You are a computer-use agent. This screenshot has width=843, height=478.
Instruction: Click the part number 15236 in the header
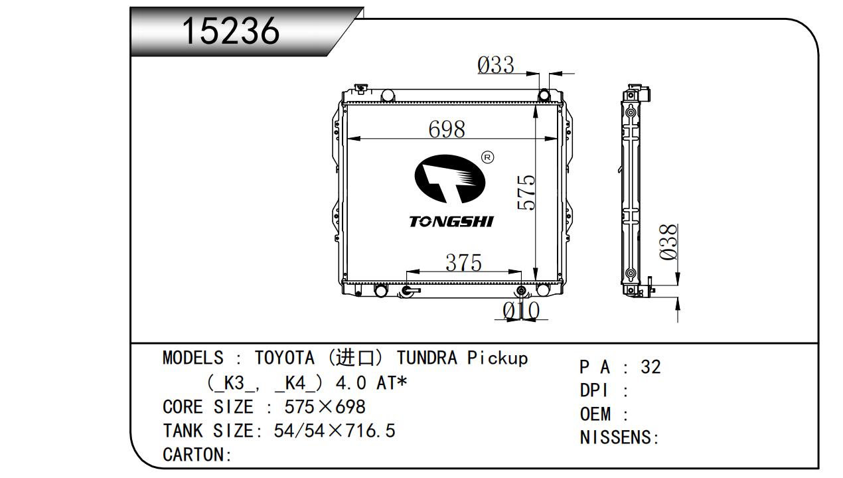[231, 31]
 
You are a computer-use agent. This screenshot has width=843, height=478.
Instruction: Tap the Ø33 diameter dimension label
[496, 65]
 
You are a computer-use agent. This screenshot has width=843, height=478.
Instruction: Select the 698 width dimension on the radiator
[447, 129]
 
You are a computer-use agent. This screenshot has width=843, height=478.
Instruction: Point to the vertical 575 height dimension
[526, 193]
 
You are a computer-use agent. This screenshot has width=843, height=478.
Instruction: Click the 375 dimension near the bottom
[463, 262]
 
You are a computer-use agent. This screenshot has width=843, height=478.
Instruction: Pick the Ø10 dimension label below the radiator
[521, 311]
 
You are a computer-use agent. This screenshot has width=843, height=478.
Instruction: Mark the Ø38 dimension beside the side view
[668, 242]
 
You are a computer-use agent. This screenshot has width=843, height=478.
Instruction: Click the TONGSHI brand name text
[451, 222]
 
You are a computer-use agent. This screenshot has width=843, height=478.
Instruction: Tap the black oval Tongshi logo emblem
[450, 179]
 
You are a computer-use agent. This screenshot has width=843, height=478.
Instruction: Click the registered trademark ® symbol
[488, 157]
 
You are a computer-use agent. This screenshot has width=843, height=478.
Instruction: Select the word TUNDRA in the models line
[427, 358]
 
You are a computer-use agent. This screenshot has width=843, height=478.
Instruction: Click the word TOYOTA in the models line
[285, 358]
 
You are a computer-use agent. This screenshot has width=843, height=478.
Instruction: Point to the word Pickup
[498, 358]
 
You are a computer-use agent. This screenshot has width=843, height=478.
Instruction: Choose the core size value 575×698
[325, 407]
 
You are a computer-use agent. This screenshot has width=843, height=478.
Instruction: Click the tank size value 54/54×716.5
[335, 431]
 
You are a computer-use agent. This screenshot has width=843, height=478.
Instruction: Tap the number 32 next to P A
[651, 367]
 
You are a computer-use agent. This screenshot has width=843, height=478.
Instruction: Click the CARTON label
[193, 455]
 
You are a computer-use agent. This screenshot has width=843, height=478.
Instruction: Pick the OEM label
[595, 414]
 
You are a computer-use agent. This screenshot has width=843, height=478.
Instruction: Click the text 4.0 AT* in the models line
[372, 383]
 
